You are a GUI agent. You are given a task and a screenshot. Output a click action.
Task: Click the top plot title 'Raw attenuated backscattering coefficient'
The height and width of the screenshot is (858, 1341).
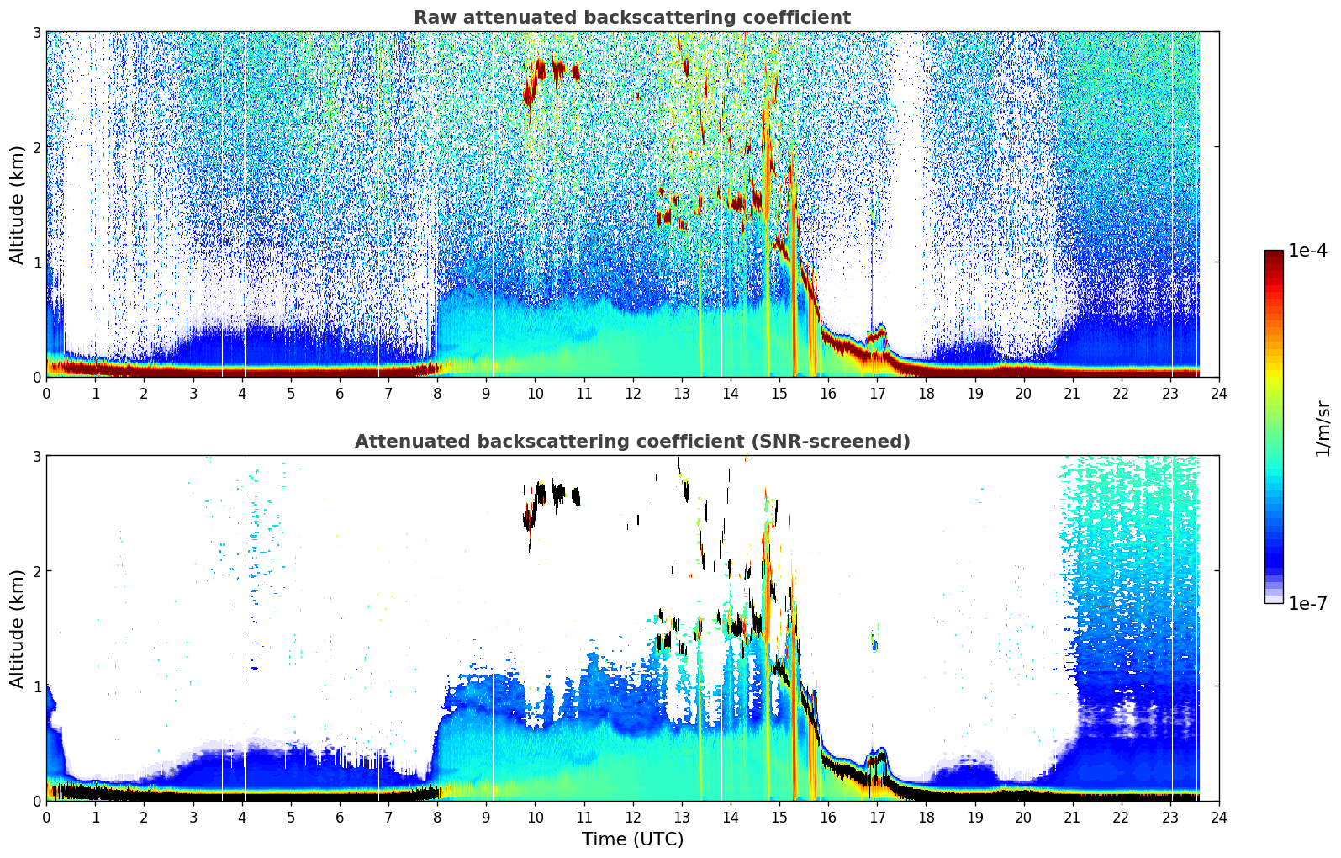pos(631,18)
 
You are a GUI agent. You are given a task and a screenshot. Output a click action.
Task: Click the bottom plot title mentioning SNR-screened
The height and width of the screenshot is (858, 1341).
pos(631,442)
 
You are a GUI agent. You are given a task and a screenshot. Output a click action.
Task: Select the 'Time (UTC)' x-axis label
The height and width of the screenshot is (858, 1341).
pos(632,839)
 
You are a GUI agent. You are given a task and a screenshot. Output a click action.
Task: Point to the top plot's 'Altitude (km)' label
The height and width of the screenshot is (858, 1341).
pos(18,204)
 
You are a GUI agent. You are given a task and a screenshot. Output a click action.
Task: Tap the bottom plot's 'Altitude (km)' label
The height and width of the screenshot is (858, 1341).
pos(18,628)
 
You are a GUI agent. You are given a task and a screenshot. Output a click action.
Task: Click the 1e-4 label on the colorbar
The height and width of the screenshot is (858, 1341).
pos(1307,251)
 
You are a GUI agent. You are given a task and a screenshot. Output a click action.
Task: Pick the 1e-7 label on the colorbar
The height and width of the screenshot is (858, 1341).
pos(1307,603)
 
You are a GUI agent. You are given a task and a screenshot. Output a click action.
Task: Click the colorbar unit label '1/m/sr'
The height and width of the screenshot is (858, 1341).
pos(1323,429)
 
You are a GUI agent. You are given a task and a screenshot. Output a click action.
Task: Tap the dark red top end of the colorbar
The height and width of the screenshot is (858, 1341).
pos(1273,255)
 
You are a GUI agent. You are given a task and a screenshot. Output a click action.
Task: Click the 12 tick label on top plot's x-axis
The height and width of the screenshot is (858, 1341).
pos(632,393)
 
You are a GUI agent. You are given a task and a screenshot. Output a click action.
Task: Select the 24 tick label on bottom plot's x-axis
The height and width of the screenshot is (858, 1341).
pos(1218,817)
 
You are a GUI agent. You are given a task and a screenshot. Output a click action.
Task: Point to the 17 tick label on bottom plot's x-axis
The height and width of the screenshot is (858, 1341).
pos(876,817)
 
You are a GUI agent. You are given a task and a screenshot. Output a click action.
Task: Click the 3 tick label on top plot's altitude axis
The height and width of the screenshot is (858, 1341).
pos(36,33)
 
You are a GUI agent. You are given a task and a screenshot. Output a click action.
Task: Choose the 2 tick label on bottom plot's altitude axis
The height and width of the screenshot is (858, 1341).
pos(36,571)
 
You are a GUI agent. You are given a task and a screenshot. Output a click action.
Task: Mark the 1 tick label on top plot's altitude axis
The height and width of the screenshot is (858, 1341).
pos(36,262)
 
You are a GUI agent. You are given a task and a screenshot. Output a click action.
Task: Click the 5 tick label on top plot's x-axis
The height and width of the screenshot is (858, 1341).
pos(291,393)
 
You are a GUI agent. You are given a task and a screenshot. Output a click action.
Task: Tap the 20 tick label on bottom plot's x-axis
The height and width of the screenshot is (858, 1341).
pos(1023,817)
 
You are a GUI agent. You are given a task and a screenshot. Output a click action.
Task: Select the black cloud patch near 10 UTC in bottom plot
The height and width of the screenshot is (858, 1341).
pos(529,518)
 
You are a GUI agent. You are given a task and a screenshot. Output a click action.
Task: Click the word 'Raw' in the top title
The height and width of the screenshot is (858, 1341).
pos(431,18)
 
